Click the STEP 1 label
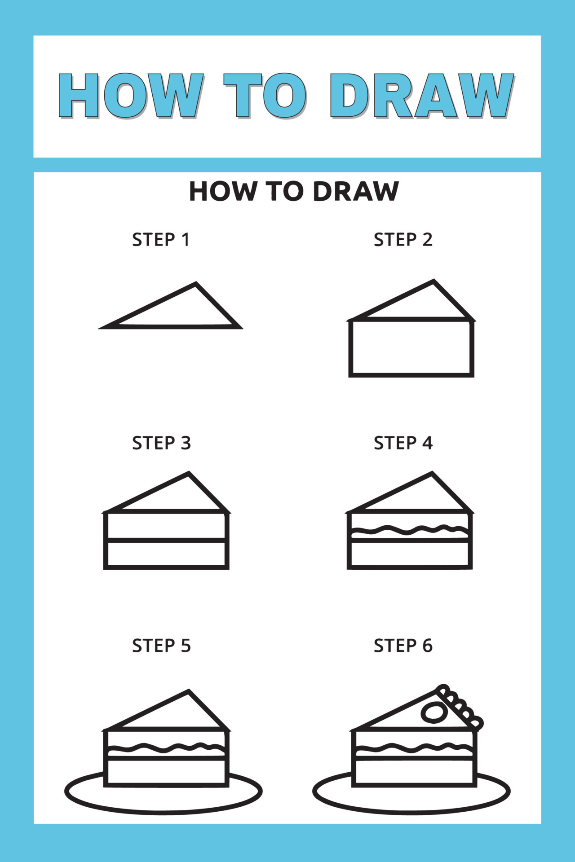tap(161, 240)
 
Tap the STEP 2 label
tap(403, 240)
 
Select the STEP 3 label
tap(161, 443)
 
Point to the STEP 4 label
tap(403, 443)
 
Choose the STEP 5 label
tap(161, 646)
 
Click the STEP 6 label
tap(403, 646)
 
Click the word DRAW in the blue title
tap(421, 96)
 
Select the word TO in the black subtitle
tap(285, 191)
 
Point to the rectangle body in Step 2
tap(411, 348)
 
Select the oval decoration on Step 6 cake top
tap(434, 712)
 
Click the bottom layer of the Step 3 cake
tap(166, 554)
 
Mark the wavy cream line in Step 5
tap(166, 748)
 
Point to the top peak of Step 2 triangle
tap(433, 282)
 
